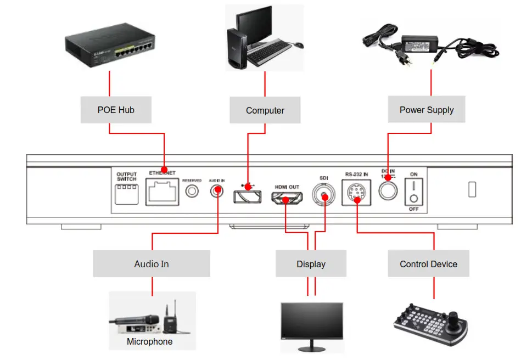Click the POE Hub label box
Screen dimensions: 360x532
tap(116, 110)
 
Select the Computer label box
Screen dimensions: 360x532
tap(265, 110)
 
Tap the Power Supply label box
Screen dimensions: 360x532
tap(427, 110)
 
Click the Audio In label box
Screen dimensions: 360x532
tap(152, 264)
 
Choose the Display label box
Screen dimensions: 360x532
tap(311, 264)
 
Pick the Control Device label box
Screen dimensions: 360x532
tap(428, 264)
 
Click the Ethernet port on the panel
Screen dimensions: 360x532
tap(162, 192)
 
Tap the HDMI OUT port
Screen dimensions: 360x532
tap(287, 199)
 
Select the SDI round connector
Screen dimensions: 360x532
tap(324, 194)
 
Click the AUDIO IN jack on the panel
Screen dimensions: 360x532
tap(217, 191)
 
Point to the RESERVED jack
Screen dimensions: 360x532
tap(192, 191)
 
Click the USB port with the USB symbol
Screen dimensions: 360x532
tap(247, 195)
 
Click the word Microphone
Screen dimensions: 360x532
tap(150, 342)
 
